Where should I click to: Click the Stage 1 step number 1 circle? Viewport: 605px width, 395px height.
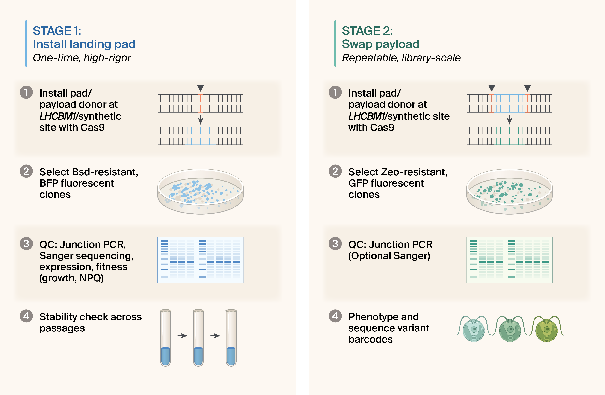click(26, 92)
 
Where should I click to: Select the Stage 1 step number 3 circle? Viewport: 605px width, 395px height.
click(26, 244)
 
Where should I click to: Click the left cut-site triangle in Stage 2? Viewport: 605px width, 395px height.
click(492, 88)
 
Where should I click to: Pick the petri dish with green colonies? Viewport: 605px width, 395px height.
click(509, 191)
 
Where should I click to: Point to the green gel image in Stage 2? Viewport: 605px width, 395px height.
click(509, 260)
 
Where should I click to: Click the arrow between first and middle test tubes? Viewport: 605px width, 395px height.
click(182, 336)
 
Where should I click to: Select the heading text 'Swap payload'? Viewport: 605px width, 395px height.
click(380, 44)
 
